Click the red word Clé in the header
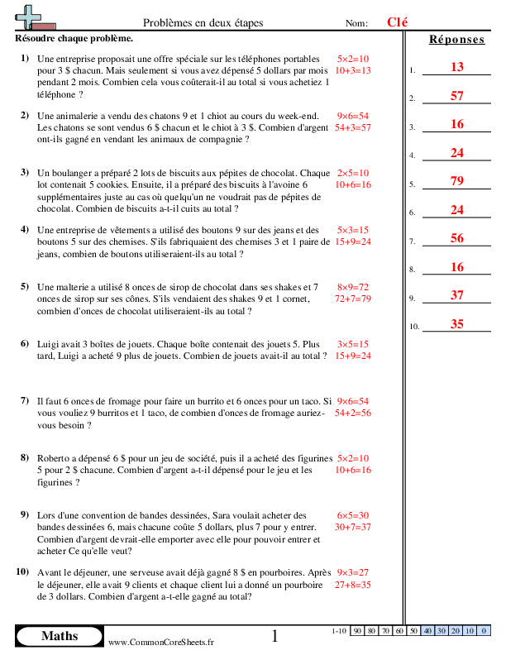398,23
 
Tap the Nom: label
356,24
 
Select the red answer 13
457,68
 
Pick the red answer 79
457,181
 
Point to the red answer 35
457,324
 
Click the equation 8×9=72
353,286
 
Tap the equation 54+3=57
353,128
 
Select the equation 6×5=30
353,514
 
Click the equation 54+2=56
353,412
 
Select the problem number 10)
22,571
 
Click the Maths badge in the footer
60,636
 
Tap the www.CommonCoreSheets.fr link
161,642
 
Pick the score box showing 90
358,631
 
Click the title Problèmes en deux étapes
203,24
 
